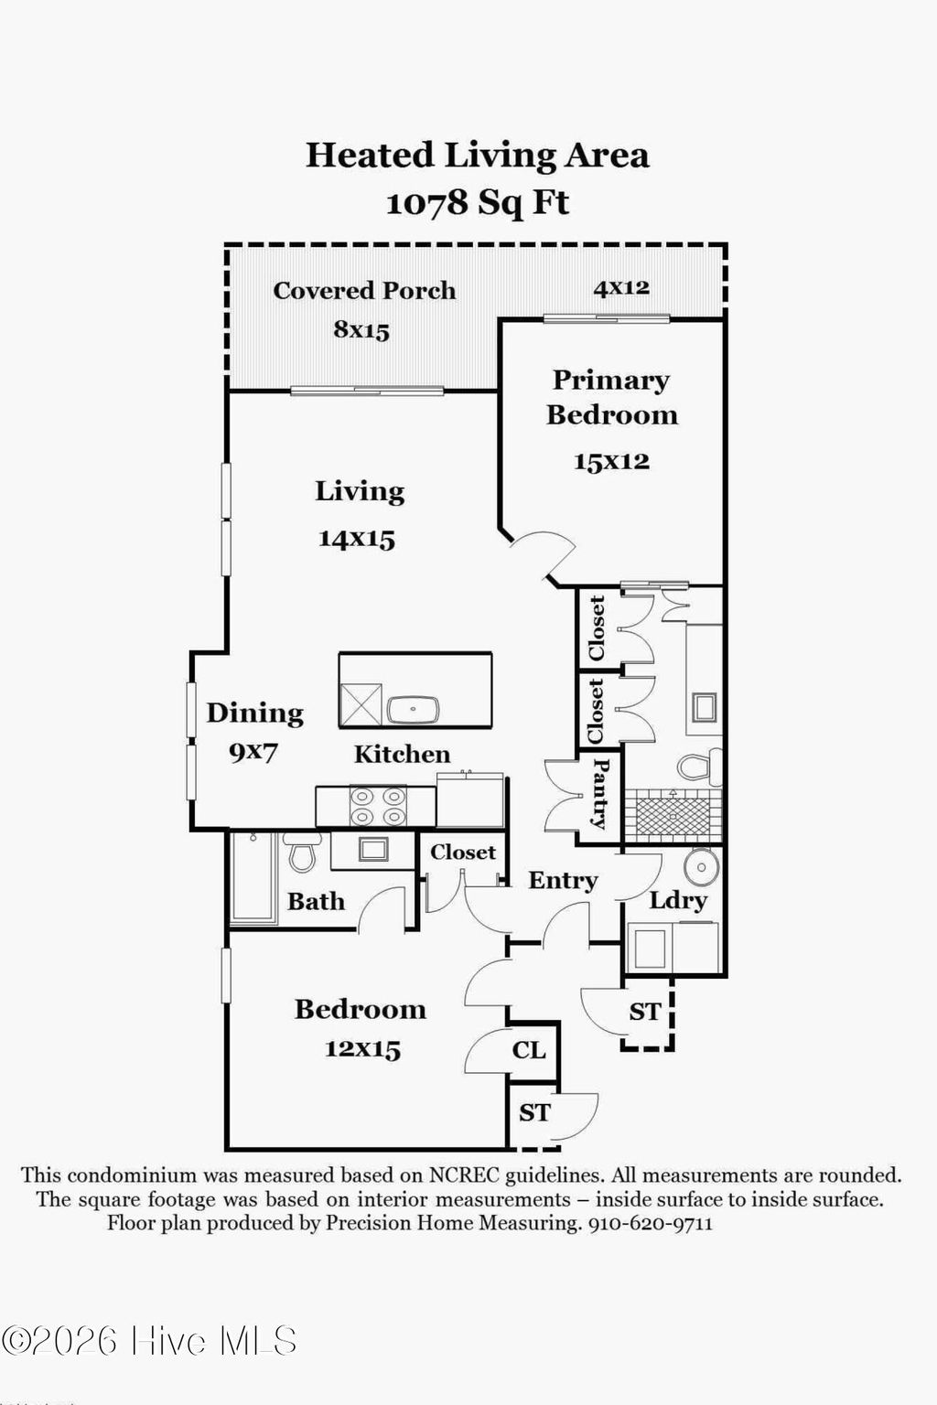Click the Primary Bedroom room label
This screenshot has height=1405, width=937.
[x=612, y=397]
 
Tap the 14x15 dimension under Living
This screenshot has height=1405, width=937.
[x=357, y=538]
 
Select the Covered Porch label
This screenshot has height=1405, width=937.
[x=364, y=290]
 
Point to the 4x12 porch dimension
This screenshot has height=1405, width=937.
[x=621, y=287]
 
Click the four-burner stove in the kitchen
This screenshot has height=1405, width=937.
[x=378, y=806]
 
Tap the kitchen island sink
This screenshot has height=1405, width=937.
[x=413, y=709]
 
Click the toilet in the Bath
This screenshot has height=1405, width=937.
[x=301, y=853]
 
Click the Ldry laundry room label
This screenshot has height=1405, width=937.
[x=678, y=900]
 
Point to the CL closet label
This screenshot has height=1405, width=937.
[x=529, y=1050]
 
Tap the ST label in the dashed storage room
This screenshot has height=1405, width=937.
[x=645, y=1012]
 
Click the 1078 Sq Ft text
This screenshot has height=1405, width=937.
[x=478, y=202]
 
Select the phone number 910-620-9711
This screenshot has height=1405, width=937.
[x=650, y=1223]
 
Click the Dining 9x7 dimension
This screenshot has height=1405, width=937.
[x=253, y=753]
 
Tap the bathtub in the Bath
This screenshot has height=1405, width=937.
[x=253, y=878]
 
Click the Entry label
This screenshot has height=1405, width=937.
[x=563, y=880]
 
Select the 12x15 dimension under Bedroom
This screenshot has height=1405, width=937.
[x=362, y=1048]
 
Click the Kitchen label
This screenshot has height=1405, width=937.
[x=402, y=754]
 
